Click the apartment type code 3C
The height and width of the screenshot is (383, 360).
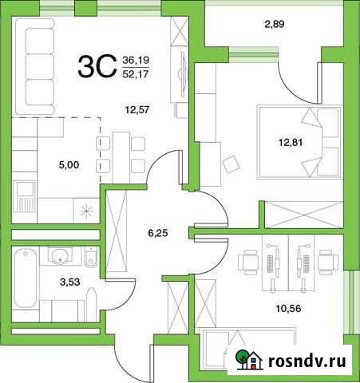coord(94,68)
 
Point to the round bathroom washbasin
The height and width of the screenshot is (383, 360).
coord(58,256)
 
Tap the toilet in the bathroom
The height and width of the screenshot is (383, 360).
coord(90,257)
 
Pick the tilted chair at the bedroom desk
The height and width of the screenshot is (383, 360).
coord(231,164)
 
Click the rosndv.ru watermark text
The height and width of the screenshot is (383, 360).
coord(304,363)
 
